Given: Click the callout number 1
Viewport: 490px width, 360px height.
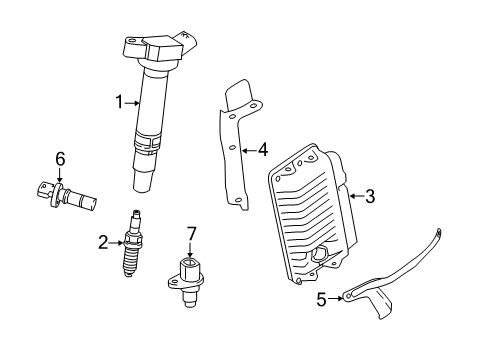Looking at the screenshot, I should pyautogui.click(x=119, y=100).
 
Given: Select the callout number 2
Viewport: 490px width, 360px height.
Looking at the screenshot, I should pyautogui.click(x=101, y=240).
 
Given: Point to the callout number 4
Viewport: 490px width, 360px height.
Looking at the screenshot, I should pyautogui.click(x=262, y=151).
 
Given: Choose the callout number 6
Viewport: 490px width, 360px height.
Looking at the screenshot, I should pyautogui.click(x=59, y=157).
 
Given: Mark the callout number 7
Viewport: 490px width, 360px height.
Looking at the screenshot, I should pyautogui.click(x=190, y=233).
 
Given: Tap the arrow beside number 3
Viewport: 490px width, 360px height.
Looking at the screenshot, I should pyautogui.click(x=354, y=197).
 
